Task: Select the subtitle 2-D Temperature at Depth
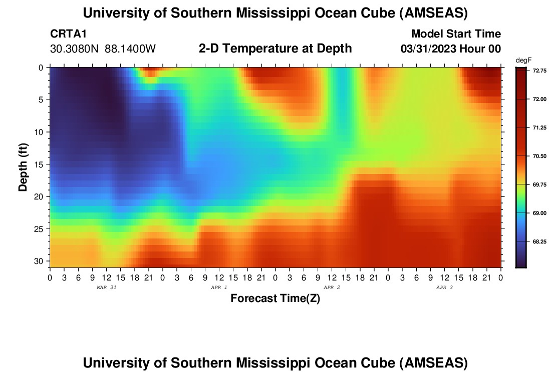click(275, 48)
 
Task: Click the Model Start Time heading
click(456, 34)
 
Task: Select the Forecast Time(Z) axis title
click(275, 298)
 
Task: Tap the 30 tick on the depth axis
click(41, 261)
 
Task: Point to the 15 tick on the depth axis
click(41, 164)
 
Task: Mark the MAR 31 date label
click(106, 287)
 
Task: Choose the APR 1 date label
click(219, 287)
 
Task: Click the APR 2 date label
click(332, 287)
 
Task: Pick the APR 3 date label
click(444, 287)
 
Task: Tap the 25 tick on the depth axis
click(41, 229)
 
